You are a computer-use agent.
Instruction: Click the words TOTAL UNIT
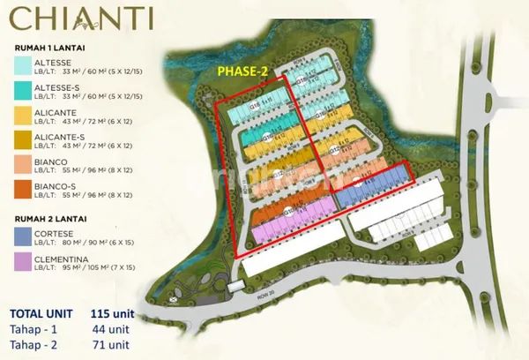(43, 314)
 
